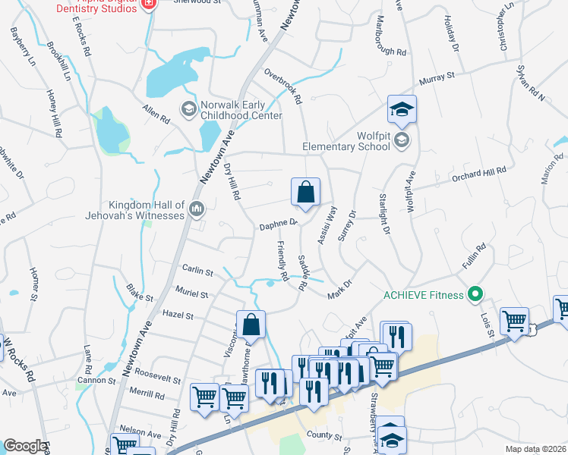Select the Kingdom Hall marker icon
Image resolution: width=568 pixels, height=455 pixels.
[197, 208]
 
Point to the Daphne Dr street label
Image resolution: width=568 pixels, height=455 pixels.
[278, 224]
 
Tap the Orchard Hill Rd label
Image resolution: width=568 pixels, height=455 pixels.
[478, 174]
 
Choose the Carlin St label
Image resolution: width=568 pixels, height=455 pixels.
[197, 270]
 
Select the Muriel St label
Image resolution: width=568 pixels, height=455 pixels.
[192, 293]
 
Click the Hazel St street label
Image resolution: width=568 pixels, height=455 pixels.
[178, 315]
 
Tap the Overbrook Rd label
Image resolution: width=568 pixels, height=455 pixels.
[283, 86]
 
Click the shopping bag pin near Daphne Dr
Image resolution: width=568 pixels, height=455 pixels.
[305, 193]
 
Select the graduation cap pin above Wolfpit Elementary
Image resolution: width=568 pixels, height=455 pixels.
[402, 110]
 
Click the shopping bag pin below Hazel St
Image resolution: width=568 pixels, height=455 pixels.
[251, 326]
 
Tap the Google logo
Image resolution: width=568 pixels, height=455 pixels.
[24, 446]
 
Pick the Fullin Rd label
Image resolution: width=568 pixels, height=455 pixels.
[472, 258]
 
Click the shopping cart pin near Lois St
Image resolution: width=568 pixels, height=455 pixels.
[515, 322]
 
